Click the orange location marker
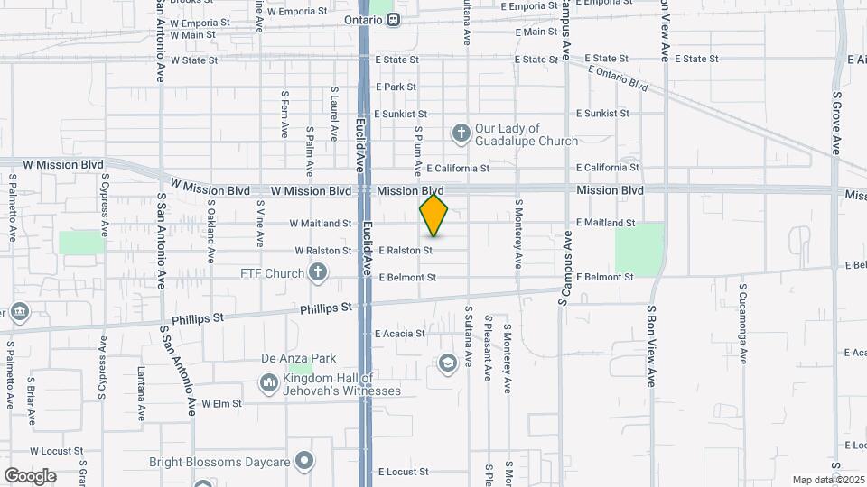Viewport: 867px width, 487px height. coord(433,215)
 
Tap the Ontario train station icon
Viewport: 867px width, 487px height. coord(394,19)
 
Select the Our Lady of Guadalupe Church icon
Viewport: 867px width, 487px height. coord(461,134)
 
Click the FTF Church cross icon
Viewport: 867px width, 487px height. coord(317,271)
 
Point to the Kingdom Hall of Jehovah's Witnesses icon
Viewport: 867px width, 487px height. coord(268,384)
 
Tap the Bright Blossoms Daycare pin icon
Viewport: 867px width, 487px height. coord(305,462)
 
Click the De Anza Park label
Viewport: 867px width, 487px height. coord(292,357)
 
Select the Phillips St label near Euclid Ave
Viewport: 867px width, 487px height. coord(326,308)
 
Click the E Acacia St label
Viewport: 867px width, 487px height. coord(400,334)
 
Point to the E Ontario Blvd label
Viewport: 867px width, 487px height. coord(618,78)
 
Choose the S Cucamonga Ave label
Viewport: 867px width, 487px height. coord(742,324)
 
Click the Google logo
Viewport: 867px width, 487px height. coord(30,475)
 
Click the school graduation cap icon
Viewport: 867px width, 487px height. coord(446,363)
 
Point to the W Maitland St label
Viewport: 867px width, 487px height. coord(320,223)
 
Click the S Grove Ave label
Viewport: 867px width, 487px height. coord(837,121)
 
